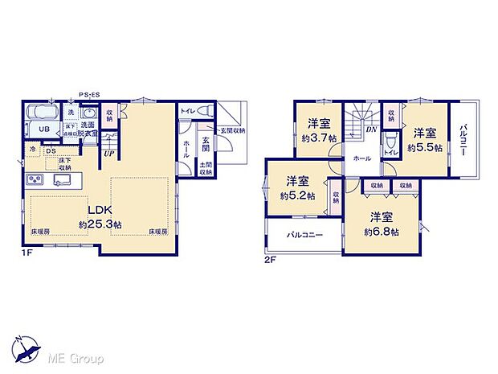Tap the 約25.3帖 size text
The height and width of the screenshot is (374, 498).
click(x=100, y=224)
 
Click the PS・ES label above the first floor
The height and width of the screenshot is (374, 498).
click(x=89, y=95)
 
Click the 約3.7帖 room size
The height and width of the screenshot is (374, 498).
click(x=320, y=137)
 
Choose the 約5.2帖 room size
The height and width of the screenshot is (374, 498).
click(x=297, y=195)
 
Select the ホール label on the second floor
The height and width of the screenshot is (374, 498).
click(x=362, y=158)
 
